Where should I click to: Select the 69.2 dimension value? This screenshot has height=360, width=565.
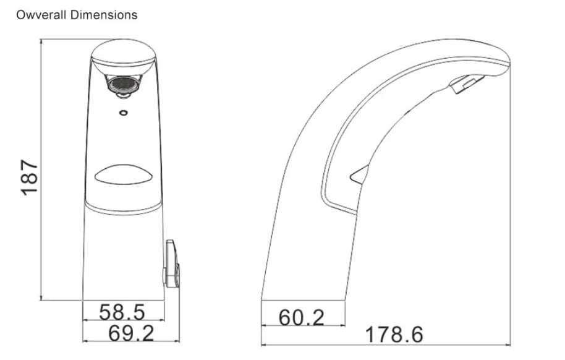(130, 333)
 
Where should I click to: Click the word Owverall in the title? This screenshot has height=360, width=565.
(41, 14)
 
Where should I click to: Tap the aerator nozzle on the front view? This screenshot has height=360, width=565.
(123, 85)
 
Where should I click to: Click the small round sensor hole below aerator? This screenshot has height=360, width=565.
(123, 113)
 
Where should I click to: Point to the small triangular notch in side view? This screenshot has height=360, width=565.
(359, 177)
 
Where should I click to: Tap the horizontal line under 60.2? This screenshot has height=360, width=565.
(303, 326)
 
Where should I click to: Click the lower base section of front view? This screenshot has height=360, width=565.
(123, 254)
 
